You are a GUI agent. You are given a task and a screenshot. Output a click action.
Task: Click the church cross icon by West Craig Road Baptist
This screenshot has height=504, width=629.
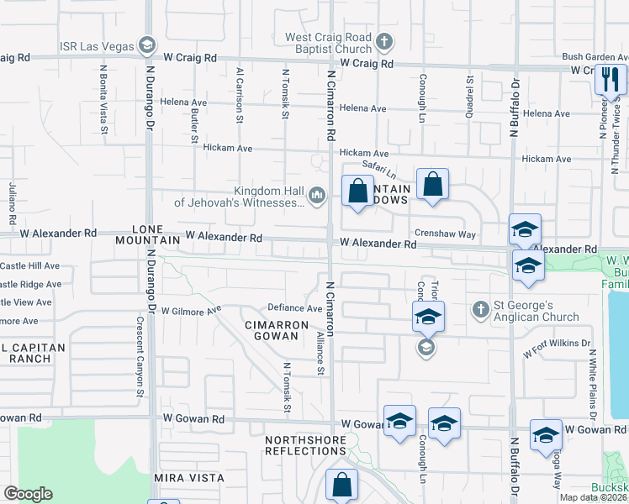[384, 41]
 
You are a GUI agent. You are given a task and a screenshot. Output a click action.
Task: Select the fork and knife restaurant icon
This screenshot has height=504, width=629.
[610, 80]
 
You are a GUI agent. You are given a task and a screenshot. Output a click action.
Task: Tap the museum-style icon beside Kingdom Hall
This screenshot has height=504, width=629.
[317, 196]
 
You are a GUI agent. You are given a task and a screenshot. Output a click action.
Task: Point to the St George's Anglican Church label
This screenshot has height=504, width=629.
[537, 311]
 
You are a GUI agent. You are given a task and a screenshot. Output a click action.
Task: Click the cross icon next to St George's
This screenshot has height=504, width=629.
[480, 310]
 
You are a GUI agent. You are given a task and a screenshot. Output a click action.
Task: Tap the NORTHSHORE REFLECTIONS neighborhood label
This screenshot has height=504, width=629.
[305, 445]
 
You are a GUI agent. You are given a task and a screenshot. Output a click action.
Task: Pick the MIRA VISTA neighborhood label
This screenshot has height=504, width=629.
[189, 477]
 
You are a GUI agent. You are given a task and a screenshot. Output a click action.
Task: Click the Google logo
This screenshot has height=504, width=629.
[28, 494]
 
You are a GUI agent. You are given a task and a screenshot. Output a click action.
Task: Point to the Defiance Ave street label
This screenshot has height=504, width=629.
[295, 308]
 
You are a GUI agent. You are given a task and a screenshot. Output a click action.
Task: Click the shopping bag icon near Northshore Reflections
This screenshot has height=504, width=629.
[342, 484]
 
